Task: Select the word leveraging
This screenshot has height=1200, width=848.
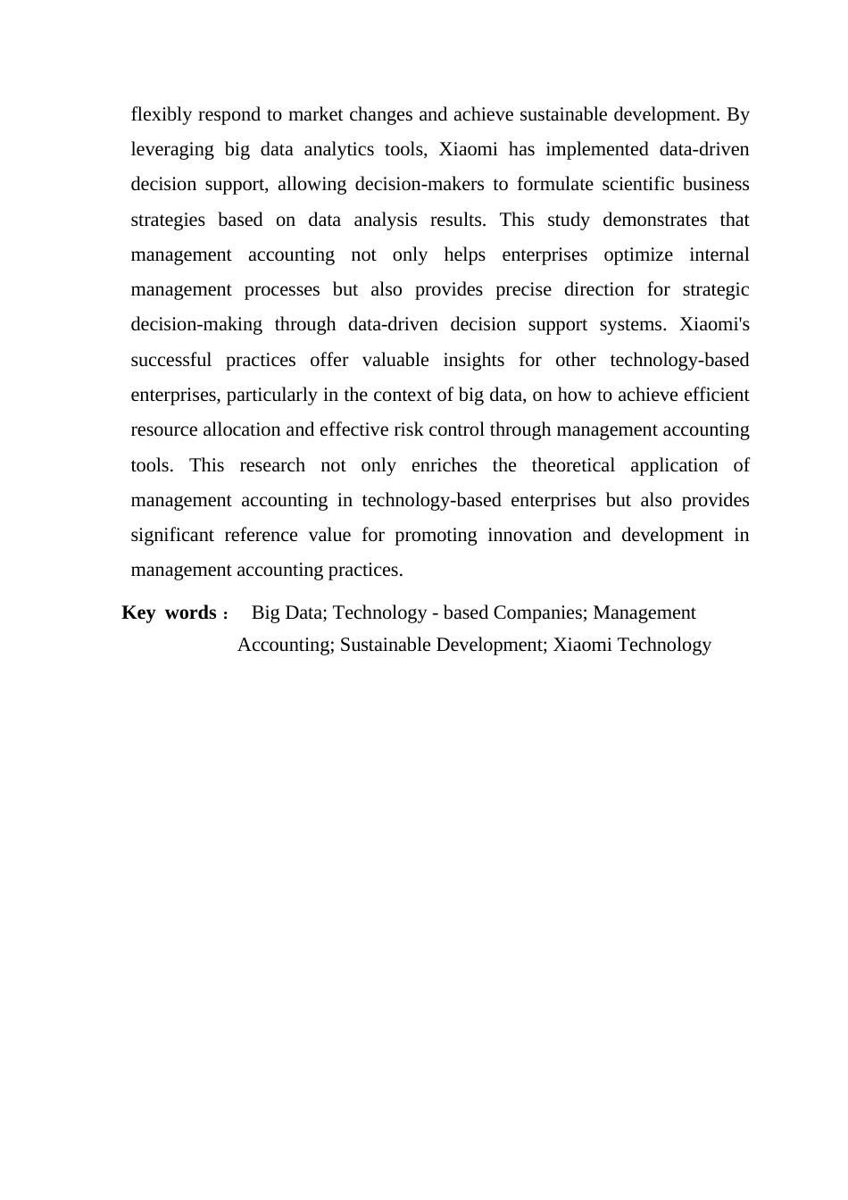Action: pyautogui.click(x=172, y=150)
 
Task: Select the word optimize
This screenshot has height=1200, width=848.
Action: pyautogui.click(x=638, y=255)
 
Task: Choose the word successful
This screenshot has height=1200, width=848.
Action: pyautogui.click(x=170, y=361)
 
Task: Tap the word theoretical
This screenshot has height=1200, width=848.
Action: pyautogui.click(x=573, y=466)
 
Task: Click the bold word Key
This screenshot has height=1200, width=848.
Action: pyautogui.click(x=138, y=613)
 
